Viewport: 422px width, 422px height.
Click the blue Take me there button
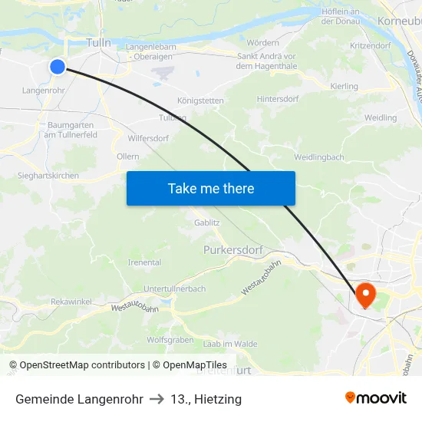click(x=210, y=188)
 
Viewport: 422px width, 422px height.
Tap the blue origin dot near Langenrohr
click(x=58, y=67)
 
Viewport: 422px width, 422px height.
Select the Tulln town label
click(x=99, y=43)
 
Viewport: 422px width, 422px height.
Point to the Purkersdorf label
click(x=233, y=250)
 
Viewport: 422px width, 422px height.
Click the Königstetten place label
click(x=200, y=101)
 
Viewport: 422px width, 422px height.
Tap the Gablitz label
click(x=207, y=223)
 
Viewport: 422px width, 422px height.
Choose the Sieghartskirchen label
click(x=48, y=176)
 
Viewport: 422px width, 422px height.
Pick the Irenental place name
click(x=144, y=262)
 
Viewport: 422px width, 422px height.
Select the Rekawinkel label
click(x=71, y=302)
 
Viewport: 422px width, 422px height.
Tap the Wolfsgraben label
click(x=170, y=339)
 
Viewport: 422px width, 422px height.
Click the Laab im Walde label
click(x=230, y=344)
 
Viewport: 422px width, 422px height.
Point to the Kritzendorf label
click(x=370, y=46)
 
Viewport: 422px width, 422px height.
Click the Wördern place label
click(x=263, y=42)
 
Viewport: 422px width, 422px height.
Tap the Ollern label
click(x=127, y=157)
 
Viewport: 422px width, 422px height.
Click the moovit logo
click(x=376, y=397)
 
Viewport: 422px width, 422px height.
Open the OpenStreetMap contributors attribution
click(x=82, y=365)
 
